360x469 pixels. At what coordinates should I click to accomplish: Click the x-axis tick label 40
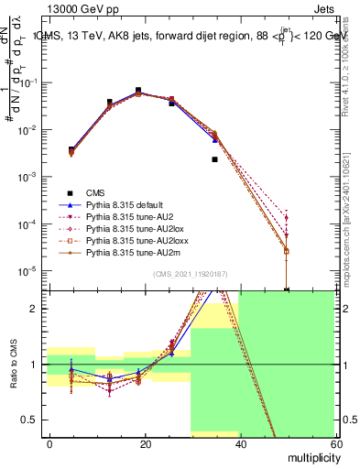[241, 443]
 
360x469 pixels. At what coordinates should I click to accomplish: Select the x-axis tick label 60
[335, 443]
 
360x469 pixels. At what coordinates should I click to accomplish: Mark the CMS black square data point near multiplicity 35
[215, 159]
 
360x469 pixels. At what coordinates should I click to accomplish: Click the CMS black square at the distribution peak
[138, 91]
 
